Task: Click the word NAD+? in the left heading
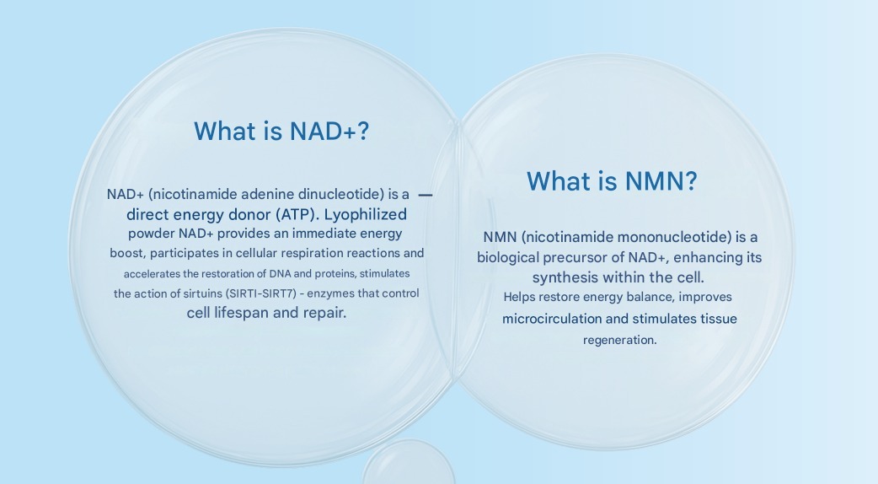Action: tap(329, 131)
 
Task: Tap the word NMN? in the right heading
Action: tap(661, 181)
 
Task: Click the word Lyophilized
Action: tap(365, 214)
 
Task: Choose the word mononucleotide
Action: tap(662, 238)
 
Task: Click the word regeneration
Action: tap(620, 340)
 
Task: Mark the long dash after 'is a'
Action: tap(426, 195)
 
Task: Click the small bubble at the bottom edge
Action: tap(408, 462)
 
